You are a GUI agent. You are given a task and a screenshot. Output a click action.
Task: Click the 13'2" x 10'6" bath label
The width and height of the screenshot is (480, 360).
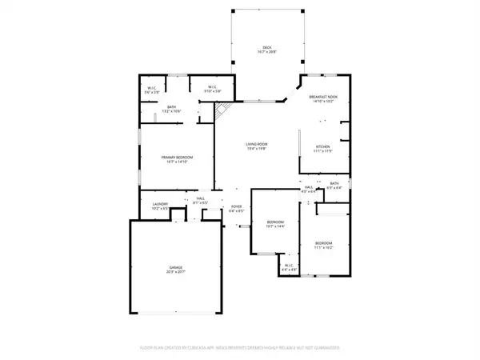tap(171, 108)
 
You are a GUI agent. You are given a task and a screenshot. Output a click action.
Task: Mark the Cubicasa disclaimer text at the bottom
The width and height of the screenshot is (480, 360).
tap(240, 349)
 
